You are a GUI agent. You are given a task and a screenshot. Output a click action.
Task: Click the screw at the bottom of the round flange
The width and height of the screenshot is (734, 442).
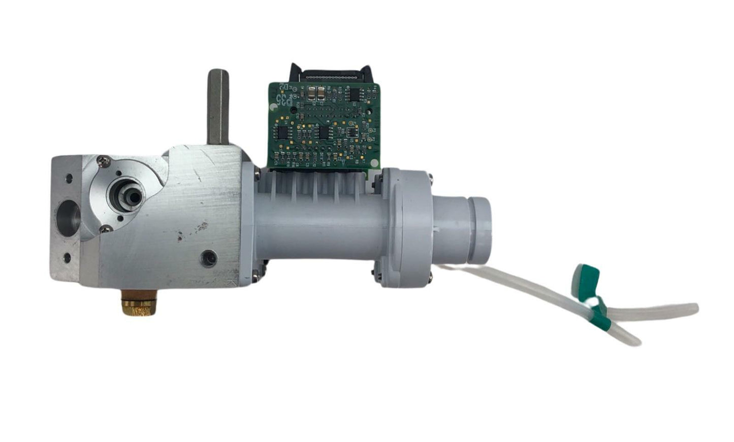pyautogui.click(x=106, y=229)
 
